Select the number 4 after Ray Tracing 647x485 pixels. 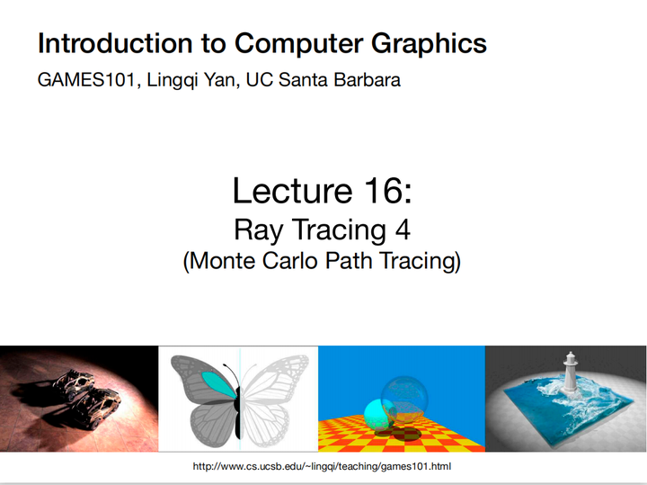click(403, 229)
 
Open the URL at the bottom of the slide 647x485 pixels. click(322, 467)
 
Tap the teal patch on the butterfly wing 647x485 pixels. click(215, 382)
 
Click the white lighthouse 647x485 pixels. click(570, 369)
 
